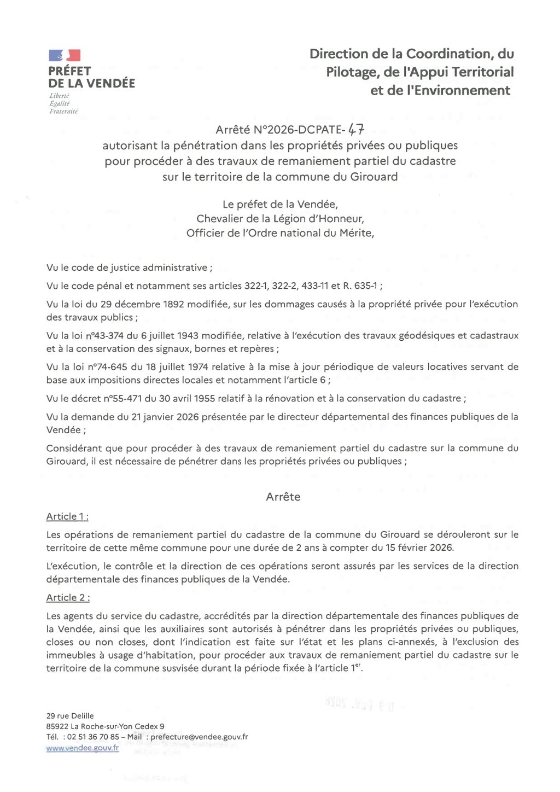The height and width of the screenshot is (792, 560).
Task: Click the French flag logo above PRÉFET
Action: [x=65, y=55]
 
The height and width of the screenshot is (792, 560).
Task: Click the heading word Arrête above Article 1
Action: [x=283, y=497]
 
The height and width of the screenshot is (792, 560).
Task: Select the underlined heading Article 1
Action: [x=67, y=516]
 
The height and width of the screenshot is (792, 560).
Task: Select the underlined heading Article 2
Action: [x=68, y=597]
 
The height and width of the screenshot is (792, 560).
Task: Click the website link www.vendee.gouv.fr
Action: [x=83, y=748]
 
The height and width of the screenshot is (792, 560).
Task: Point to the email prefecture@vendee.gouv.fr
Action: [x=199, y=737]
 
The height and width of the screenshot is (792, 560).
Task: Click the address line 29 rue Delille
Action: [x=70, y=716]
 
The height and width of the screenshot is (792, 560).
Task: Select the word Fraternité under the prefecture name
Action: [x=63, y=111]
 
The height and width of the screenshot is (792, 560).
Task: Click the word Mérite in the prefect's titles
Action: [x=357, y=233]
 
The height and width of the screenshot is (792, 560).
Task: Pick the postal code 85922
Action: [x=57, y=726]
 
